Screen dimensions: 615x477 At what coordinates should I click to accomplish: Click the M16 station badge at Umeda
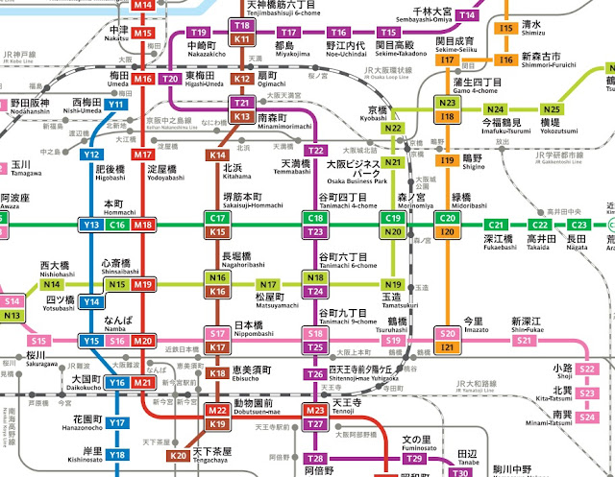pos(143,79)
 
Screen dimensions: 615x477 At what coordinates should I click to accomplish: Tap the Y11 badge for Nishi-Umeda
pos(115,104)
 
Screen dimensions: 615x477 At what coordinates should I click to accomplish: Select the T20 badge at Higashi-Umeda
pos(172,78)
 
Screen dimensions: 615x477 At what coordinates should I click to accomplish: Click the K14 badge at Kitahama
pos(218,155)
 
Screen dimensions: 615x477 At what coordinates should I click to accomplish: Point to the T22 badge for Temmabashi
pos(315,151)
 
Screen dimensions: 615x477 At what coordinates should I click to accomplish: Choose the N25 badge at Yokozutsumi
pos(551,109)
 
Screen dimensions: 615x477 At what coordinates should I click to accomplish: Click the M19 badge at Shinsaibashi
pos(143,285)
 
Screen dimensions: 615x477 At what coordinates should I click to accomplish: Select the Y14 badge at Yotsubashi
pos(92,302)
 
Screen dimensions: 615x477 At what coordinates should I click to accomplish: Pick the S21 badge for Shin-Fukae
pos(524,341)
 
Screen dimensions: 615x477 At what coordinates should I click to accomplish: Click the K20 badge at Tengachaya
pos(178,455)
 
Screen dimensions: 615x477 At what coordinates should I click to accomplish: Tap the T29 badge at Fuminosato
pos(412,459)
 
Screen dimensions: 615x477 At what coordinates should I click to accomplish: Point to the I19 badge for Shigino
pos(447,160)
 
